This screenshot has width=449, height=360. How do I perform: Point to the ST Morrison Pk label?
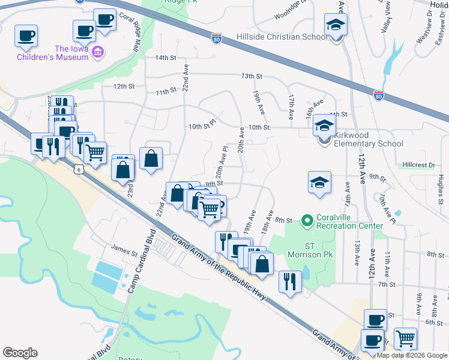tap(310, 250)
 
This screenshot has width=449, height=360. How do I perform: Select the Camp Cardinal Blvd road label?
tap(139, 261)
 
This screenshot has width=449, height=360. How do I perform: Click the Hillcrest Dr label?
tap(418, 164)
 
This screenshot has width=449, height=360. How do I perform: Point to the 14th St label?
tap(165, 58)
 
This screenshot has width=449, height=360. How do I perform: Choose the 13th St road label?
tap(252, 76)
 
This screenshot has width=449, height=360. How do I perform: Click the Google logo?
tap(20, 353)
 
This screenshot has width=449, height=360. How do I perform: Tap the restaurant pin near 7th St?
tap(290, 280)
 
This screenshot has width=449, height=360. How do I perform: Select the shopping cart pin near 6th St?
tap(406, 337)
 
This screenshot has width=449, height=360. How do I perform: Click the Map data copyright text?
tap(412, 355)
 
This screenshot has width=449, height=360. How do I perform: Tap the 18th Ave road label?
tap(268, 222)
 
